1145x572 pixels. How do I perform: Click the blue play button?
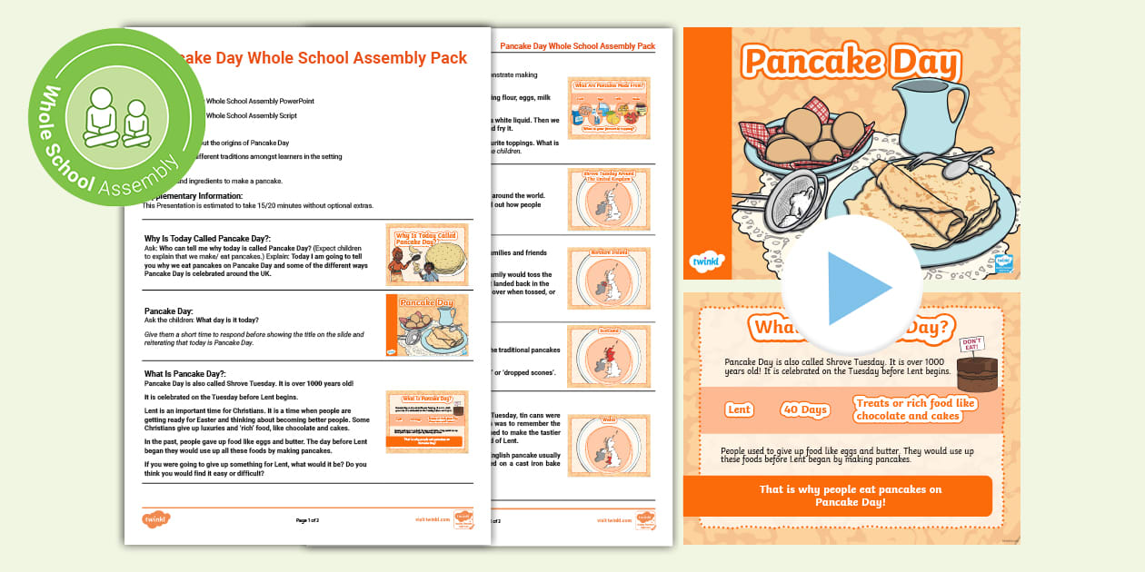tap(850, 287)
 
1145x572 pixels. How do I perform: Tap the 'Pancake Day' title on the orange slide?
tap(851, 63)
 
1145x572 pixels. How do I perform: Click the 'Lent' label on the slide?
tap(740, 409)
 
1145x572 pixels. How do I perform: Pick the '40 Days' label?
tap(806, 409)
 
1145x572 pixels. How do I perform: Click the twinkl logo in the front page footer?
tap(156, 519)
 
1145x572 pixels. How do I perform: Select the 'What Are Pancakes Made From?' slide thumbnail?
tap(608, 107)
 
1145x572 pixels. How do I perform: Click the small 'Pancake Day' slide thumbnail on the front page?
tap(427, 324)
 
